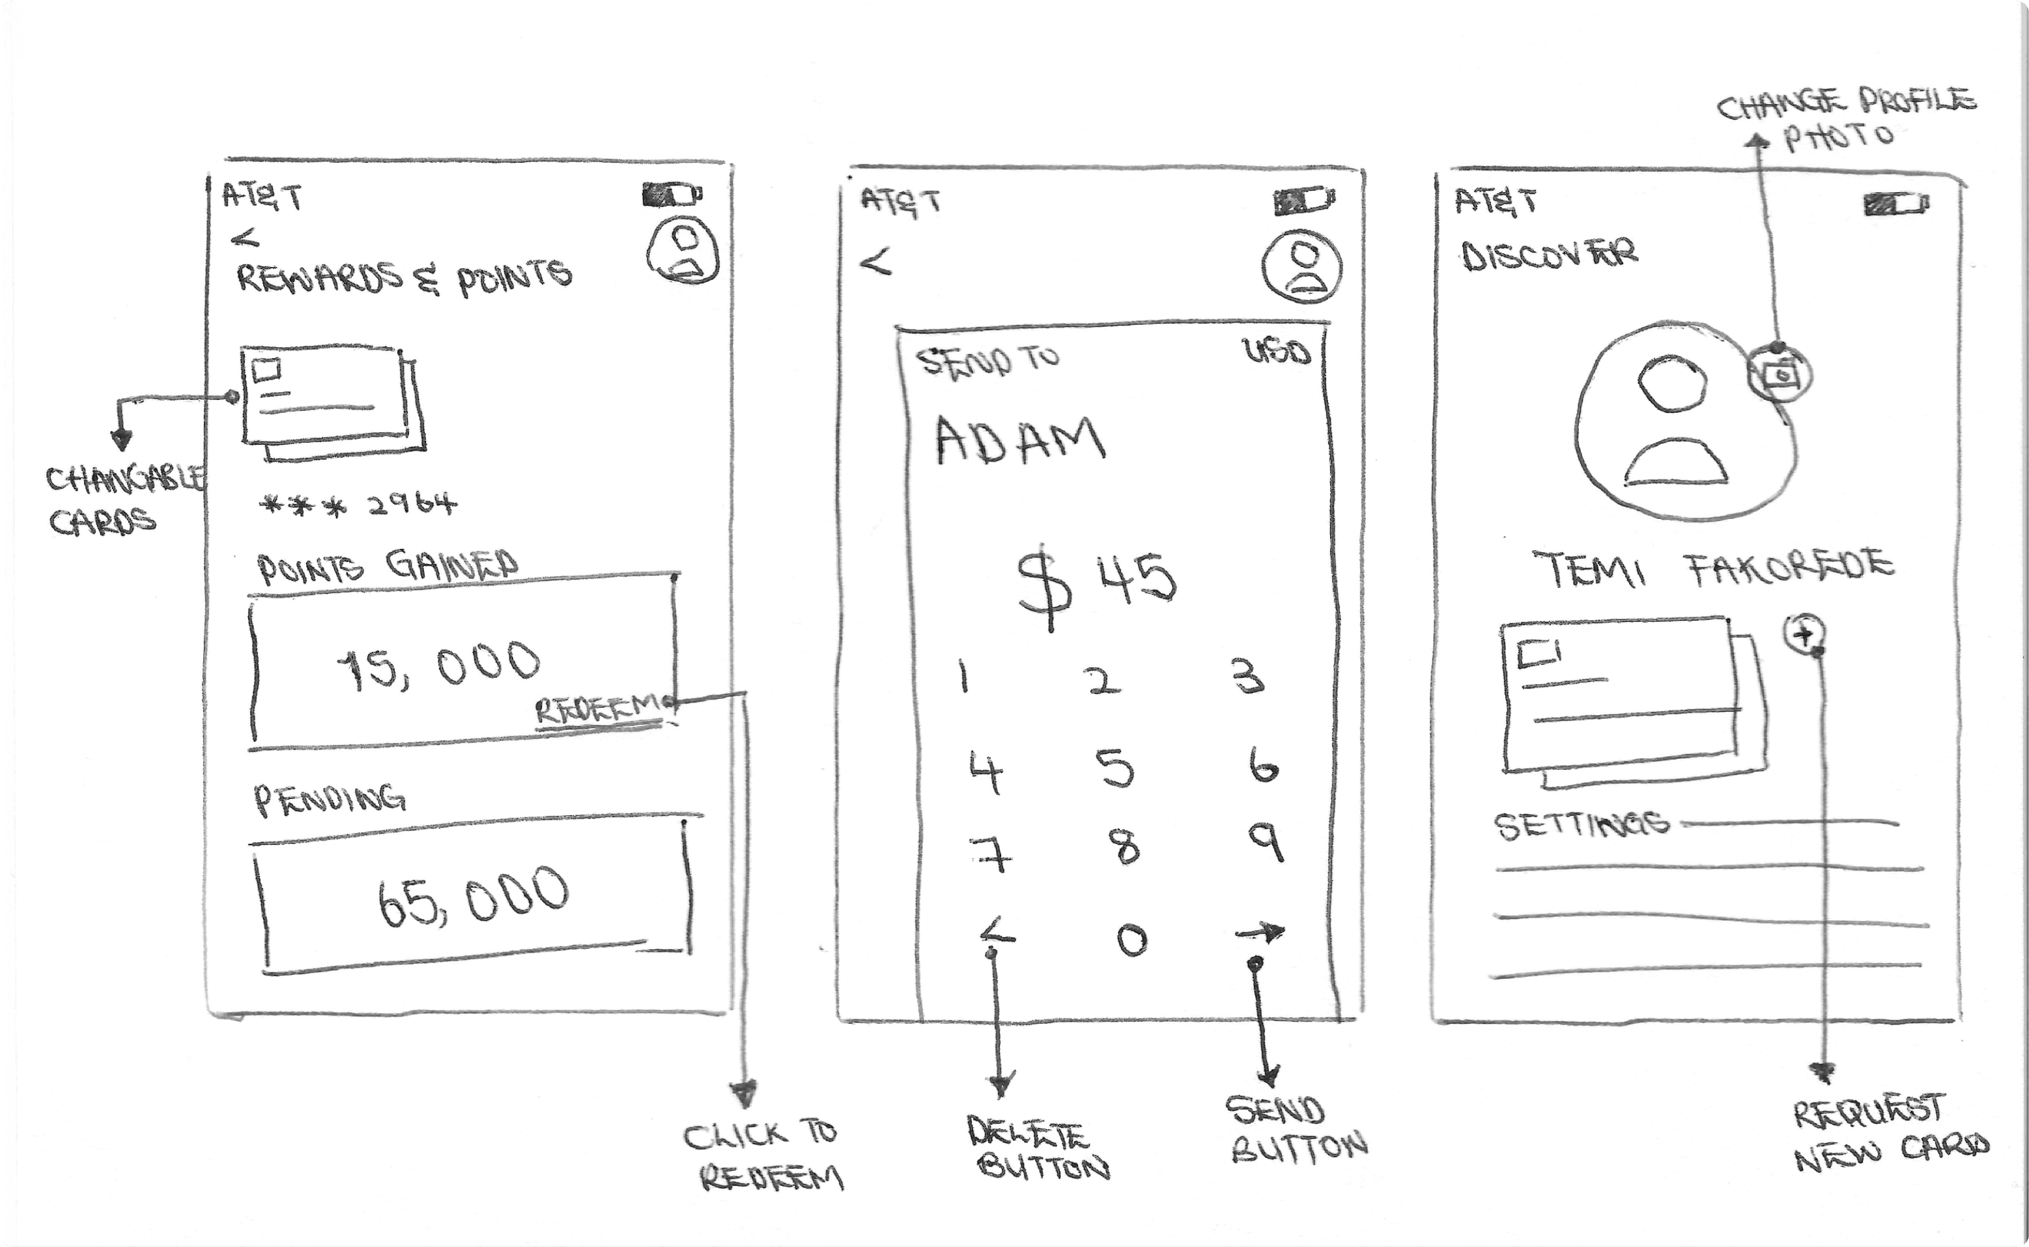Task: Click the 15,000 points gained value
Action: click(440, 664)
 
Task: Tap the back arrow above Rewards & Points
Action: click(245, 239)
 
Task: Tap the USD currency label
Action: click(1277, 353)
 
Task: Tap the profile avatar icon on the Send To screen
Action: click(1301, 266)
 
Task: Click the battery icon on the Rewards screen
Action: click(672, 196)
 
